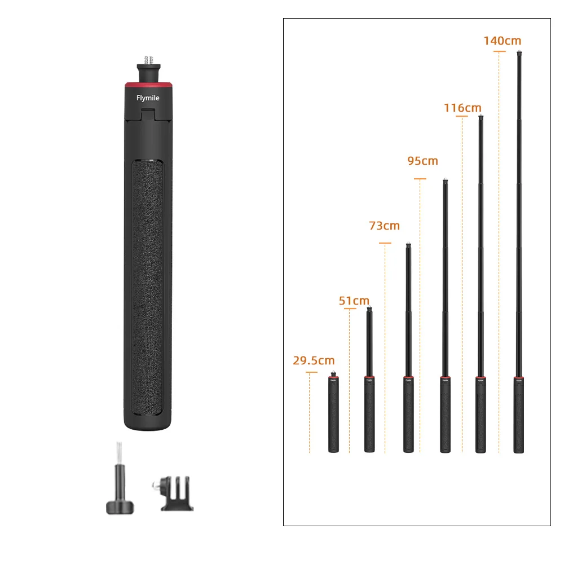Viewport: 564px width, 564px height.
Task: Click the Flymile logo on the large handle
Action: pos(148,98)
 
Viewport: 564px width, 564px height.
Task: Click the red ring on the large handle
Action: pos(149,85)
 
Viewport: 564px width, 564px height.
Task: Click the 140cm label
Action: pos(502,41)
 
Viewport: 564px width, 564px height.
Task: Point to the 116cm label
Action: pos(462,108)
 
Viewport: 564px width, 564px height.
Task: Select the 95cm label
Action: pos(422,161)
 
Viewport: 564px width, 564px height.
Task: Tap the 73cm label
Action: pos(384,226)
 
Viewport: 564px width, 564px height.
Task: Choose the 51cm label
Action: pos(354,301)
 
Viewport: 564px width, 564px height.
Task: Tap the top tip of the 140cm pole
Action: pos(518,54)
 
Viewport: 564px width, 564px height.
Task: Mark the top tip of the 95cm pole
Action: pos(445,182)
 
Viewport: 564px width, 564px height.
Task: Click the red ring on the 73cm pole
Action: pos(408,377)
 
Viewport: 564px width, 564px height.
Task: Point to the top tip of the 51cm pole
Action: pos(369,309)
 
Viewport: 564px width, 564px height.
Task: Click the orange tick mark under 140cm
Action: pos(499,51)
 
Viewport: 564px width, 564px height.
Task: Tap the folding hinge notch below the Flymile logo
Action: pos(148,114)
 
